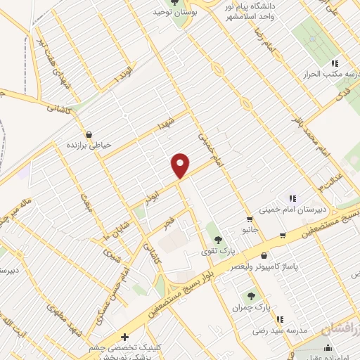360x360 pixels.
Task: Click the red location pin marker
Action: coord(181,165)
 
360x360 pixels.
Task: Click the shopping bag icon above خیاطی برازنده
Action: coord(89,134)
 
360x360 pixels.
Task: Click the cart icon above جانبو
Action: coord(250,219)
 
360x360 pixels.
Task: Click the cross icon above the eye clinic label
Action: coord(125,337)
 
